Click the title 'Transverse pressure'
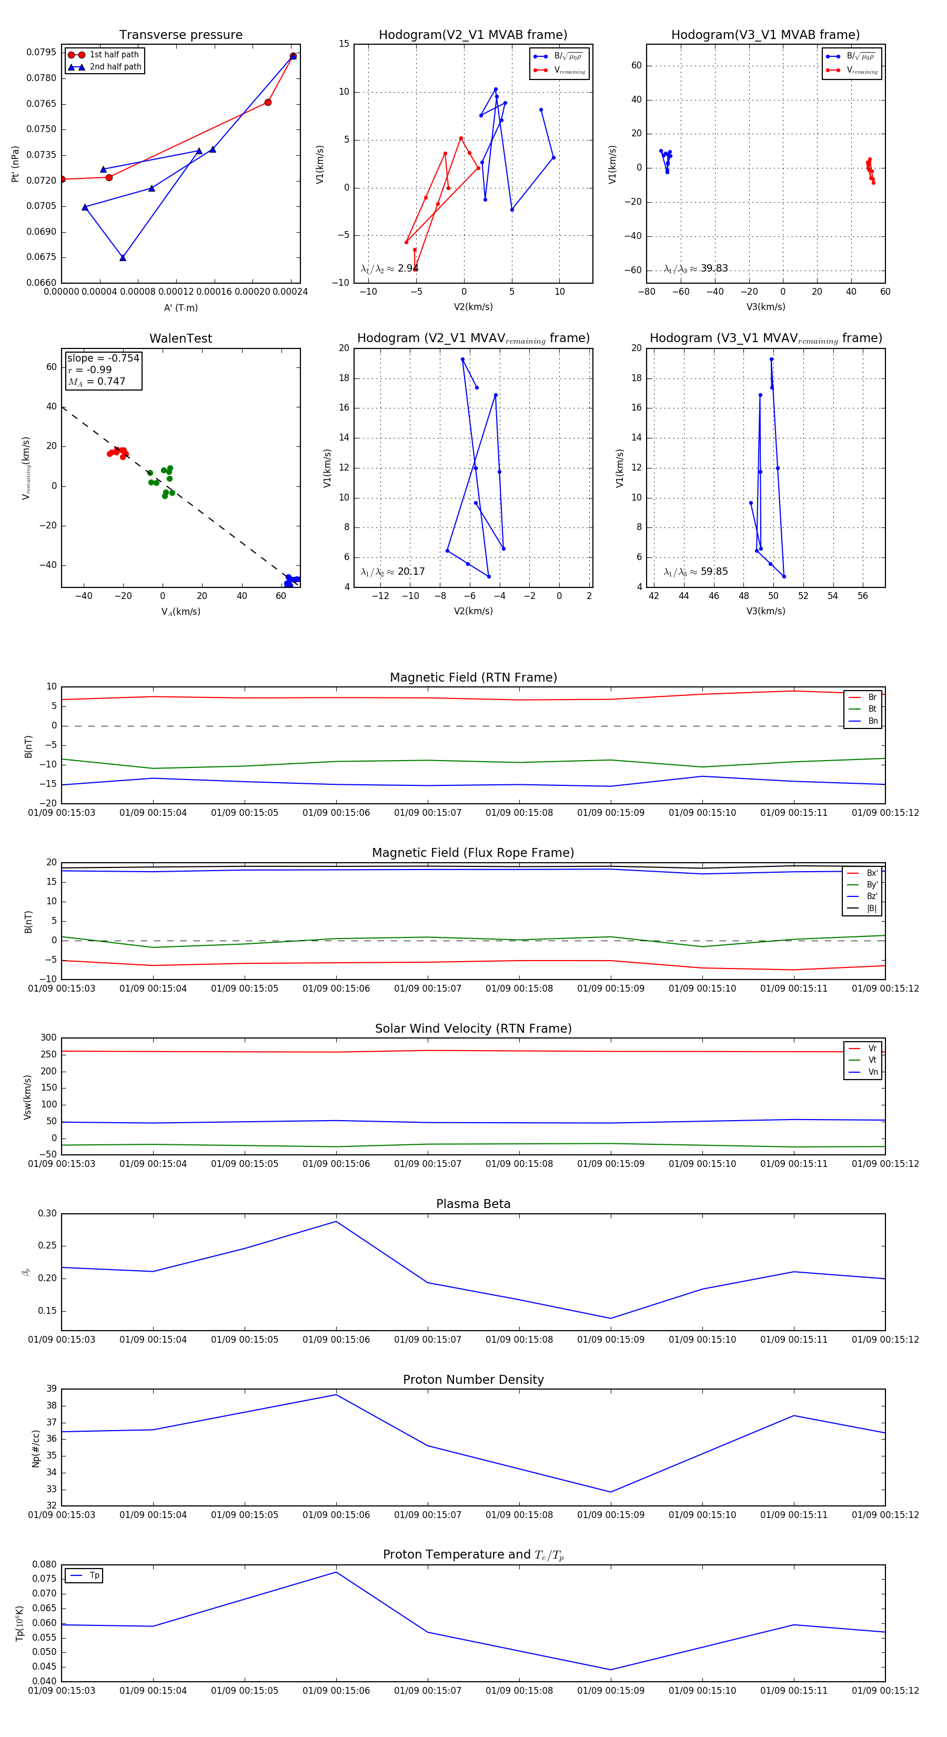180,34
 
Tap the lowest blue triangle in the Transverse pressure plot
123,257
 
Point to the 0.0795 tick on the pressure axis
42,53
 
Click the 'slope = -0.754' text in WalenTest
103,358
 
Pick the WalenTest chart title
180,338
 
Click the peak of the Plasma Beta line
336,1221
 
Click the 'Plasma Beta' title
473,1204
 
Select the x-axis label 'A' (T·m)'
180,307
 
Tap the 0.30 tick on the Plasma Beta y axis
47,1213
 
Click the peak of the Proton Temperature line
336,1572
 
